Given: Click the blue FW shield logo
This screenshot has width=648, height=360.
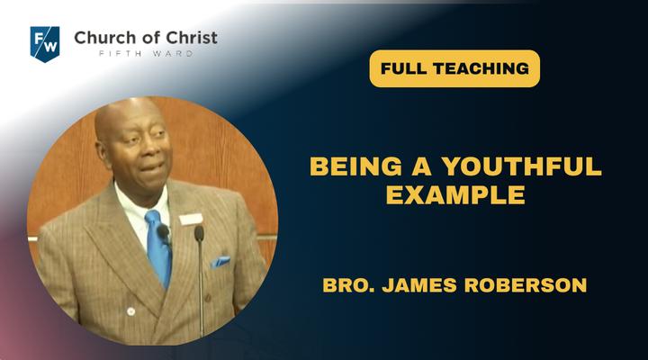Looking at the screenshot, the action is tap(45, 44).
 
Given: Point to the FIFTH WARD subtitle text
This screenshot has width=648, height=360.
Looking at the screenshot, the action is tap(146, 54).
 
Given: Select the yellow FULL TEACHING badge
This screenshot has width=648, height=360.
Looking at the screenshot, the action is tap(454, 68).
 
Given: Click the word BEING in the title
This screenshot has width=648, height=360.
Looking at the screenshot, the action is tap(355, 166).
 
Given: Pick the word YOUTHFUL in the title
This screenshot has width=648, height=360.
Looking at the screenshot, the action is tap(521, 166).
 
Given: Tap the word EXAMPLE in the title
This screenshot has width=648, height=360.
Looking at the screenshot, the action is tap(455, 194).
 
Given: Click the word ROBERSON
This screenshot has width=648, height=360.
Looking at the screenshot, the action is tap(526, 285).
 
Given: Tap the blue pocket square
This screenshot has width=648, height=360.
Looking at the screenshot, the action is tap(220, 262).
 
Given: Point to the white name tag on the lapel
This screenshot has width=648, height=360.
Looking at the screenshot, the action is tap(191, 219).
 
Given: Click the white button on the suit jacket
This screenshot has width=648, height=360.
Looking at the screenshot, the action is tap(131, 311).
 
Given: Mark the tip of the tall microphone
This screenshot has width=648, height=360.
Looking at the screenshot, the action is tap(199, 233).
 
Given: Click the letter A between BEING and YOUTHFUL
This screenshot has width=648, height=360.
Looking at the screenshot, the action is tap(421, 166).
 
